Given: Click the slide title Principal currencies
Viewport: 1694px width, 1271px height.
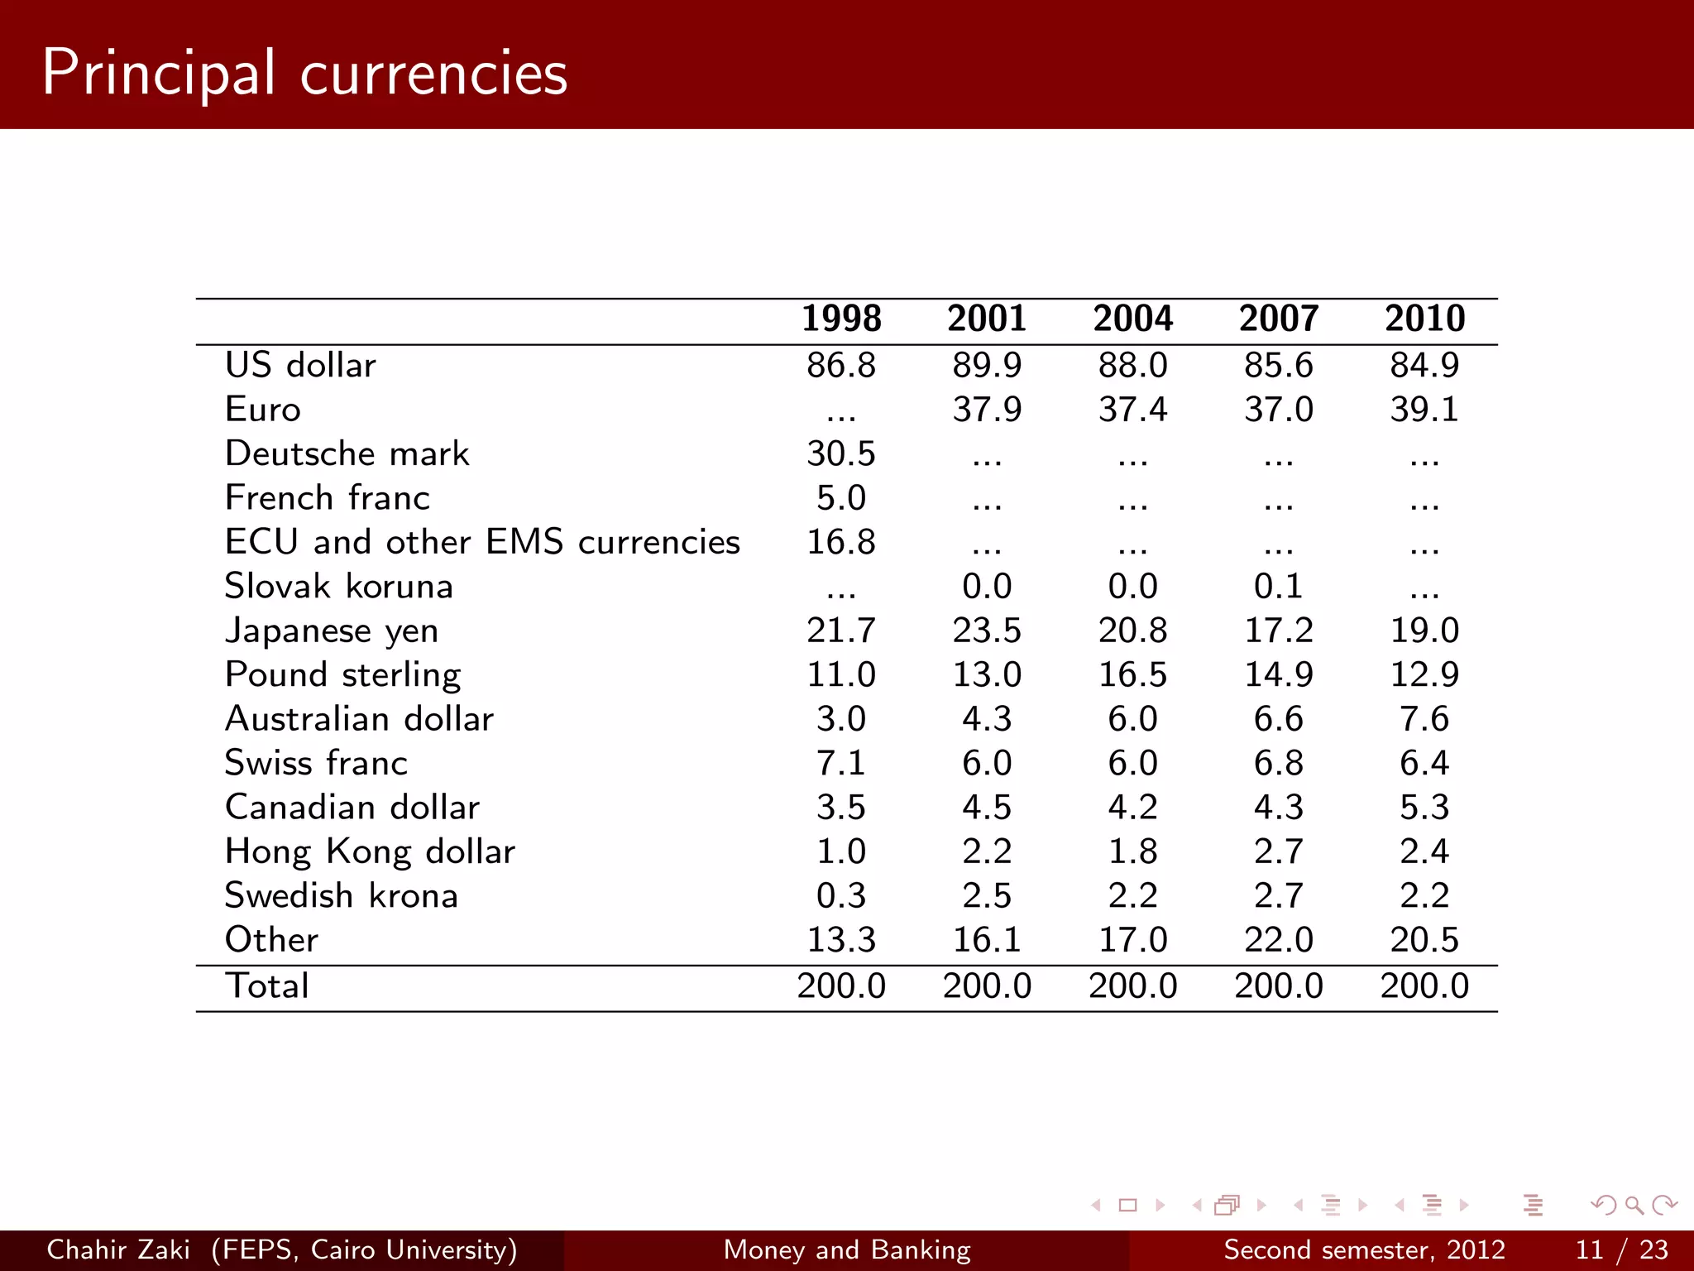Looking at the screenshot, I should click(x=304, y=73).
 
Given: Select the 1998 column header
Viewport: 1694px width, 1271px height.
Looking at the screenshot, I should click(x=841, y=319).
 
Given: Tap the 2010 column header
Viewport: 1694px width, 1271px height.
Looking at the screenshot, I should click(x=1424, y=319).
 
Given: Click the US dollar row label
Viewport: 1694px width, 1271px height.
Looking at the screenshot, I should click(x=300, y=365).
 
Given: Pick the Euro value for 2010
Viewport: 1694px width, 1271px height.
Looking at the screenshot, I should click(x=1424, y=410).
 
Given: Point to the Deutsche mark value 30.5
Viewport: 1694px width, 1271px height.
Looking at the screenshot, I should click(x=841, y=453).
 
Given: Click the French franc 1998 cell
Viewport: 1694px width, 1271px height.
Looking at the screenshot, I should click(x=841, y=498).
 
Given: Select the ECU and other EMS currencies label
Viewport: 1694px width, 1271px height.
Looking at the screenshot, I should click(x=482, y=542).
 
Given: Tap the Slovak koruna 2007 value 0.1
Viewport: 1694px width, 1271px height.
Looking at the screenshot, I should click(x=1278, y=587).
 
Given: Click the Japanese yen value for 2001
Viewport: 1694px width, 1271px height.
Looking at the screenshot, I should click(x=987, y=631).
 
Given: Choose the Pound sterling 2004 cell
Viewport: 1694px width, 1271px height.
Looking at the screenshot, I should click(x=1132, y=674).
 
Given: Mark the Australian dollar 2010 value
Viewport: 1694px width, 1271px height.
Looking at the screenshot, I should click(x=1424, y=719).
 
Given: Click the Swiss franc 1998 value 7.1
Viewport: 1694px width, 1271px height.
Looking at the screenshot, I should click(x=841, y=763).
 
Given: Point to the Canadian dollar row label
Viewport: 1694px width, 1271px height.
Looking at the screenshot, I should click(x=352, y=808).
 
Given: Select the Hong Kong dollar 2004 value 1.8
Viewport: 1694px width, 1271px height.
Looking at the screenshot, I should click(x=1132, y=851).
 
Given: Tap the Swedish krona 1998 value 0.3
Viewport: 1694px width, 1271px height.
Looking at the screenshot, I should click(x=841, y=896).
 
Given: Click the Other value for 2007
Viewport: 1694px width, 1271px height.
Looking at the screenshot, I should click(x=1278, y=940).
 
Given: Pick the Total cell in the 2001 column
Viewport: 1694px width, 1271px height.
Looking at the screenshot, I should click(x=987, y=986).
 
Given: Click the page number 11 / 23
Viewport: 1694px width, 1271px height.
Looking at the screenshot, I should click(x=1621, y=1249).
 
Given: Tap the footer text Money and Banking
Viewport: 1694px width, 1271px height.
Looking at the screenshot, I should click(x=847, y=1249).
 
